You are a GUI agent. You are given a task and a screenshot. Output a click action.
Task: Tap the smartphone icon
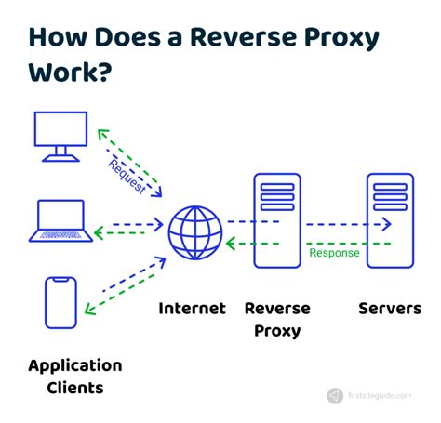click(x=60, y=302)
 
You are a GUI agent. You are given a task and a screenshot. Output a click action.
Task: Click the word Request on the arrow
click(x=127, y=175)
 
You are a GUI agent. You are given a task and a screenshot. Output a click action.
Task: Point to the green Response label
click(x=334, y=253)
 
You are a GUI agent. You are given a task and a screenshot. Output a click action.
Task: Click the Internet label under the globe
click(x=193, y=309)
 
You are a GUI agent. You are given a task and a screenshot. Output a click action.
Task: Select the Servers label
click(x=390, y=309)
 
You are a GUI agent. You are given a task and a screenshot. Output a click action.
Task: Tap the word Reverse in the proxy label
click(x=276, y=309)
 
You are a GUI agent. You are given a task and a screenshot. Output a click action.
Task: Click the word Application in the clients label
click(x=75, y=364)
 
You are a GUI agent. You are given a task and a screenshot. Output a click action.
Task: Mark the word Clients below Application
click(x=75, y=388)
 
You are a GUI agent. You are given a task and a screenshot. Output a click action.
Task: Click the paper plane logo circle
click(x=335, y=395)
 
